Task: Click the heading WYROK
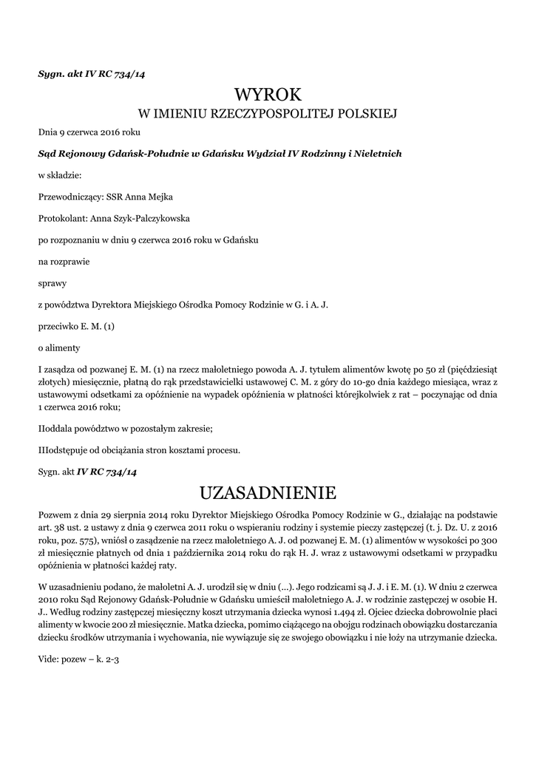pyautogui.click(x=268, y=94)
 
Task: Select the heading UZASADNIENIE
pyautogui.click(x=268, y=492)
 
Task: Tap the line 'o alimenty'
pyautogui.click(x=58, y=347)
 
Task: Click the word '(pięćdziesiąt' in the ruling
pyautogui.click(x=472, y=369)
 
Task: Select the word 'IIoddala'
pyautogui.click(x=58, y=428)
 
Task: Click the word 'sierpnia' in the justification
pyautogui.click(x=131, y=514)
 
